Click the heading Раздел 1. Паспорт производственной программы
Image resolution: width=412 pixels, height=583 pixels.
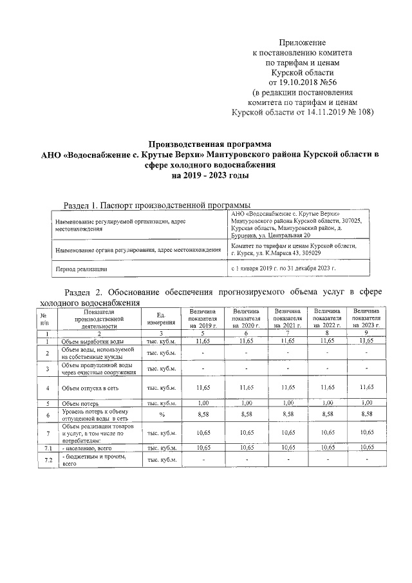[156, 205]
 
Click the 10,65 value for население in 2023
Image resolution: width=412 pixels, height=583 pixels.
[366, 446]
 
